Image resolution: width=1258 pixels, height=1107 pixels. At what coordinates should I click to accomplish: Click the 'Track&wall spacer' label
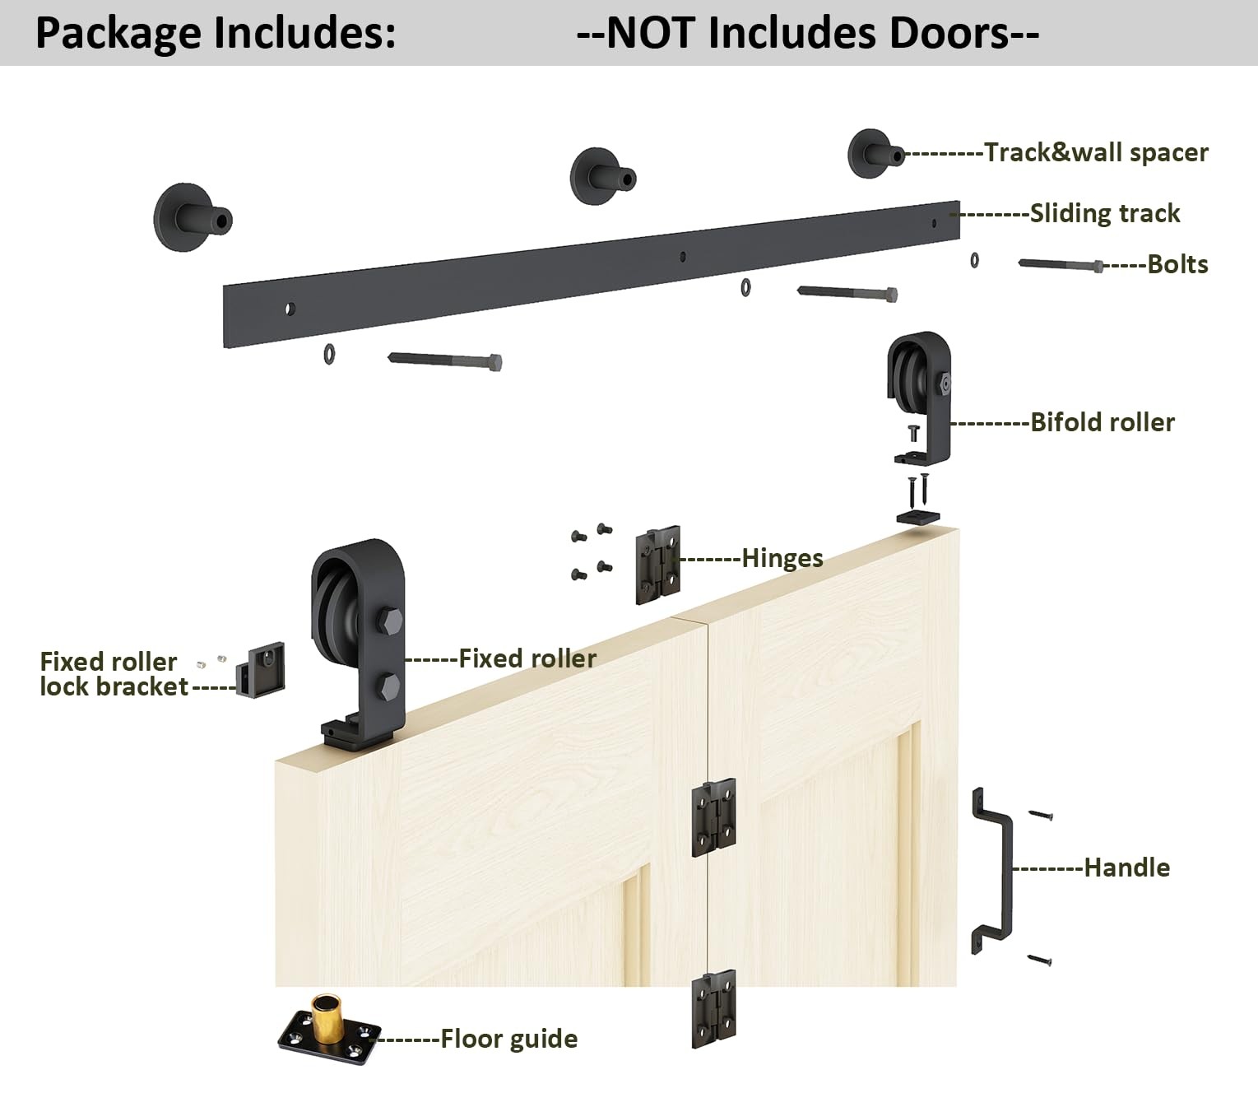[1096, 152]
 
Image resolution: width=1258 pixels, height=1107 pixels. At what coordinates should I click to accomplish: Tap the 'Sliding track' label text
[1104, 213]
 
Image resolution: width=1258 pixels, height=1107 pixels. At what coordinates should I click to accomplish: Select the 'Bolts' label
[1177, 264]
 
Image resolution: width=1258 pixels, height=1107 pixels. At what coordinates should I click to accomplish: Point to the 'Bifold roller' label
[1102, 422]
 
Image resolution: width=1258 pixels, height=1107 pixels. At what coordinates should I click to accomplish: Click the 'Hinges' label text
[782, 558]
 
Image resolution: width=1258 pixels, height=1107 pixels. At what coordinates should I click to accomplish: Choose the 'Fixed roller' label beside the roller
[527, 658]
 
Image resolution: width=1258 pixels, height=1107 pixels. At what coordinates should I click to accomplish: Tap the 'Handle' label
[1126, 867]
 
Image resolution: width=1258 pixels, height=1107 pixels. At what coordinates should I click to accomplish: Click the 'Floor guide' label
[508, 1039]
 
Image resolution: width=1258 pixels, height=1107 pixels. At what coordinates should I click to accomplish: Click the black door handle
[994, 871]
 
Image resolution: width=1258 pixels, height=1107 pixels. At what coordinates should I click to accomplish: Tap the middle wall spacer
[602, 176]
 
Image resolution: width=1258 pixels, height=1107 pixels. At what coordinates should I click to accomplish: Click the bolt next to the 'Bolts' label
[1061, 264]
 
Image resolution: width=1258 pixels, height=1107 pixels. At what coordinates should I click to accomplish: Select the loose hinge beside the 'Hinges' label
[657, 565]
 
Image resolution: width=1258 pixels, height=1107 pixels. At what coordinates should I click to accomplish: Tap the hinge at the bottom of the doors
[713, 1008]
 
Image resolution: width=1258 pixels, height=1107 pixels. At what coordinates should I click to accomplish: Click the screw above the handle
[1041, 815]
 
